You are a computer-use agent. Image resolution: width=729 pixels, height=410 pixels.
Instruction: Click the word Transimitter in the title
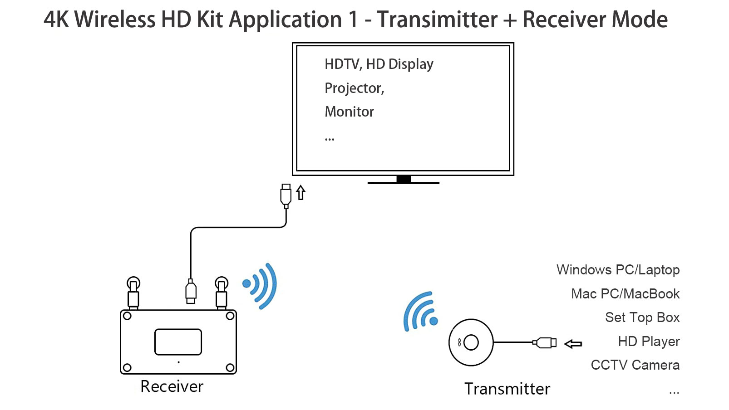click(x=437, y=20)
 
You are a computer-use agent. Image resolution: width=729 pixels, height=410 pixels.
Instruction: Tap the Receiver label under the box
click(x=172, y=386)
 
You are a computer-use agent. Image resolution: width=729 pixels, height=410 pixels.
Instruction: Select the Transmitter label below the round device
click(x=507, y=389)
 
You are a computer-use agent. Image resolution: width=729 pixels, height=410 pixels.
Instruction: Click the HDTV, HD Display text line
click(x=379, y=64)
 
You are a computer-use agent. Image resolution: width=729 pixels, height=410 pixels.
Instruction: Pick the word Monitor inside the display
click(x=349, y=112)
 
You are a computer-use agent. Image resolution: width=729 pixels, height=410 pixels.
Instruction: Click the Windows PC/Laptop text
click(x=618, y=270)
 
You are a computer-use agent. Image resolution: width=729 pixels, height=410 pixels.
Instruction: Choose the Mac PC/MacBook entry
click(x=625, y=294)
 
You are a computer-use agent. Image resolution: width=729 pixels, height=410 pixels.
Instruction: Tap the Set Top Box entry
click(x=642, y=317)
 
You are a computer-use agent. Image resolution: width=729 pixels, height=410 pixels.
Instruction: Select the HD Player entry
click(x=649, y=342)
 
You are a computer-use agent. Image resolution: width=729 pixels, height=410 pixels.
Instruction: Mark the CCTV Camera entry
click(x=635, y=365)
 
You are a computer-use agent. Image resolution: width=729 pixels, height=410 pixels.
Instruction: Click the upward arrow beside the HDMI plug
click(x=300, y=192)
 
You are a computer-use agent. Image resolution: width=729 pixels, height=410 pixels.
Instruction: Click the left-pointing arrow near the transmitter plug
click(x=573, y=344)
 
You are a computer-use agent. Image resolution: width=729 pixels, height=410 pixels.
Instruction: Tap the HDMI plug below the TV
click(x=286, y=195)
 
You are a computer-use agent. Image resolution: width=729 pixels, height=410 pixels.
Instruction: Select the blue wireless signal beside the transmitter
click(x=420, y=312)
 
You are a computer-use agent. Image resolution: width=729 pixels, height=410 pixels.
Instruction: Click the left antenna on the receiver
click(x=133, y=293)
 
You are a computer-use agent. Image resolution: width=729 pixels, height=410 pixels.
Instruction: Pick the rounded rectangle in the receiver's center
click(x=178, y=342)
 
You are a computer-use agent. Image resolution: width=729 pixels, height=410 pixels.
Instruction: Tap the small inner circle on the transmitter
click(x=471, y=342)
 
